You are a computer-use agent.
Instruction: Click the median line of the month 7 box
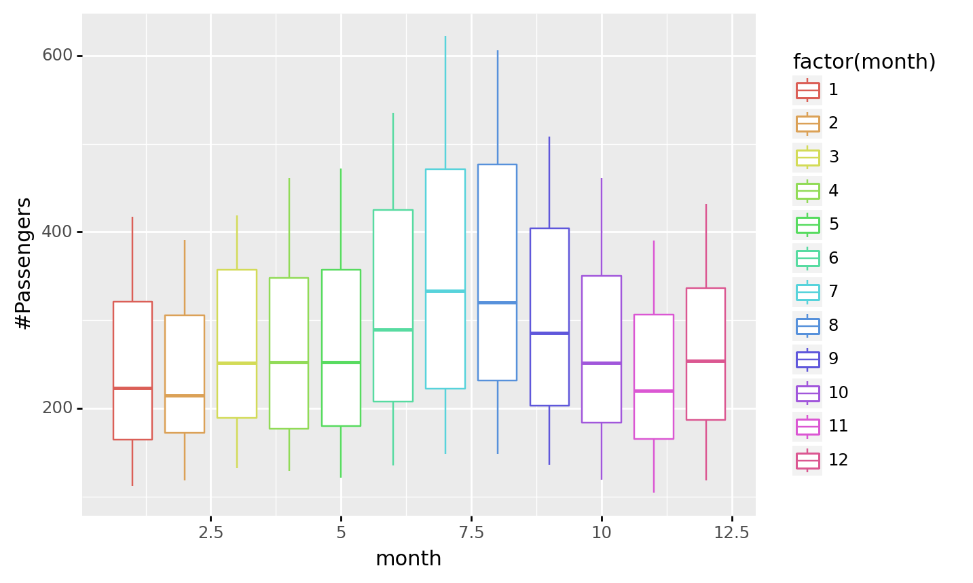click(x=445, y=291)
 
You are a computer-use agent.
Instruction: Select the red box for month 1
click(x=132, y=340)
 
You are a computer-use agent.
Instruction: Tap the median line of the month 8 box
click(x=497, y=302)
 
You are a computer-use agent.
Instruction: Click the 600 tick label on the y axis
click(x=57, y=55)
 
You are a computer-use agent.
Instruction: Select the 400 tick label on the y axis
click(x=57, y=232)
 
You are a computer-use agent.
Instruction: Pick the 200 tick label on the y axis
click(x=57, y=408)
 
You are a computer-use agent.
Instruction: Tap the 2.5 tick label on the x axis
click(x=210, y=533)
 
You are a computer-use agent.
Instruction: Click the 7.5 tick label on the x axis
click(x=471, y=533)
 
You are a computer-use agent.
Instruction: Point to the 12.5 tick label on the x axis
click(x=732, y=533)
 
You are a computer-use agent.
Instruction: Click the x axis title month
click(x=408, y=559)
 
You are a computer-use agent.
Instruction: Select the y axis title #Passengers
click(x=24, y=264)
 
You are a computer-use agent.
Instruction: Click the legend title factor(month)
click(x=864, y=62)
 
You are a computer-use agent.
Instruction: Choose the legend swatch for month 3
click(x=807, y=158)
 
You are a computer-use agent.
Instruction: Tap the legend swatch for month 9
click(x=807, y=359)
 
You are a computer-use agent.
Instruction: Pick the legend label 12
click(x=838, y=460)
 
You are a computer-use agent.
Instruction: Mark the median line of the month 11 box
click(x=654, y=391)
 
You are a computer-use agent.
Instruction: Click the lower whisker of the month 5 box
click(x=341, y=451)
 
